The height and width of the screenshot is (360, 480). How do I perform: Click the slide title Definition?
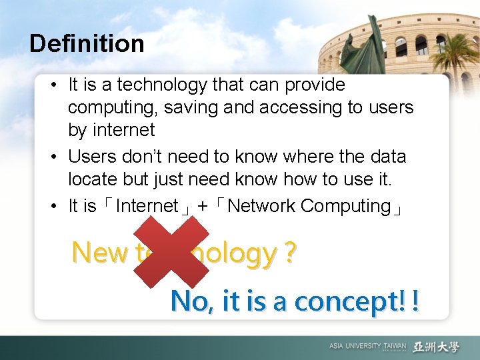(x=87, y=44)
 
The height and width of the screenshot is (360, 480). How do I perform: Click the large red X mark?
(x=171, y=253)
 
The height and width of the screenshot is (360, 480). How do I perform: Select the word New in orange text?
(x=99, y=253)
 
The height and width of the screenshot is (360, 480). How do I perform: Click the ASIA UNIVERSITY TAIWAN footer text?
(x=367, y=347)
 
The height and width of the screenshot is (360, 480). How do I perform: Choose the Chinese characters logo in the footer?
(x=436, y=347)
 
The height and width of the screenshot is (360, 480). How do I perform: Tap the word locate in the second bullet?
(x=94, y=179)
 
